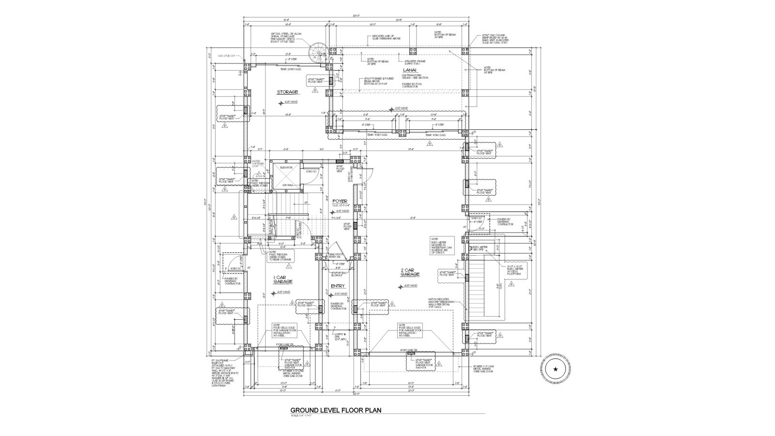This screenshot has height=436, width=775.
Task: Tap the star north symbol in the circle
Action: (555, 369)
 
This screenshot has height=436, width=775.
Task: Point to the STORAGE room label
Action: (287, 92)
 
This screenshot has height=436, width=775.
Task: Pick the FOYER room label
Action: (340, 201)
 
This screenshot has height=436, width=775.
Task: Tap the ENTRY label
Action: (338, 286)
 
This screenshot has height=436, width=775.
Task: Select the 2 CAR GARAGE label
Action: (410, 272)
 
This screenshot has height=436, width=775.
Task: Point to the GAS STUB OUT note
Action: (226, 56)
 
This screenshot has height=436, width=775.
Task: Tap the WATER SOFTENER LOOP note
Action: (258, 164)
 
